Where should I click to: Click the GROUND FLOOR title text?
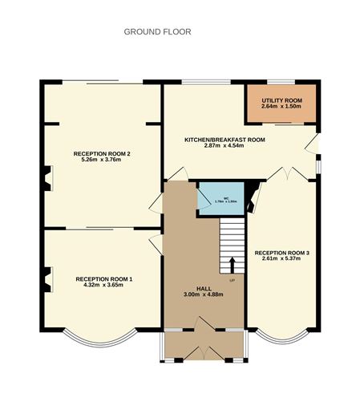click(x=157, y=32)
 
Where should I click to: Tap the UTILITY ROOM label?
click(x=279, y=99)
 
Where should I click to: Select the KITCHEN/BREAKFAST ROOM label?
click(x=224, y=140)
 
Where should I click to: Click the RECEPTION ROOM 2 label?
click(x=102, y=153)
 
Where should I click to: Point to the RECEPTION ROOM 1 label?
click(x=104, y=278)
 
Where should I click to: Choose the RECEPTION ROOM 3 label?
click(x=282, y=254)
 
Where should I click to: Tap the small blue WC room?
click(x=208, y=199)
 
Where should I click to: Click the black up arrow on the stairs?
click(x=233, y=265)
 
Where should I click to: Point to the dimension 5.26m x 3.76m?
click(x=102, y=160)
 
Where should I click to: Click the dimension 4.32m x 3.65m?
click(x=104, y=285)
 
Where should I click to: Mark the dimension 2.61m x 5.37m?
click(x=282, y=260)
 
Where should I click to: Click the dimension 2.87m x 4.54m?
click(x=224, y=146)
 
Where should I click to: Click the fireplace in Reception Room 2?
click(x=47, y=178)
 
